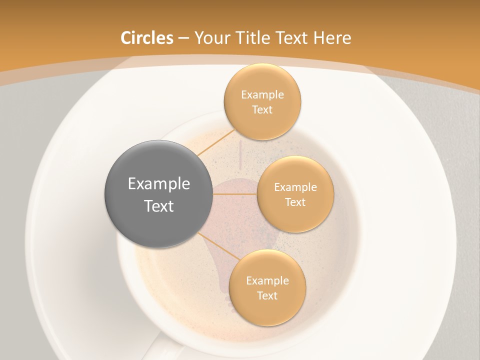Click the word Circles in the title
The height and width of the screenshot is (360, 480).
[147, 38]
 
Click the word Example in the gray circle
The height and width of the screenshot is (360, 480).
[159, 184]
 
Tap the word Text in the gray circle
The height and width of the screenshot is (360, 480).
[159, 206]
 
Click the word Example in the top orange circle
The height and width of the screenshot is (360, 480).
[262, 95]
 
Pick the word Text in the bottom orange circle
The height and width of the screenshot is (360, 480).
[267, 296]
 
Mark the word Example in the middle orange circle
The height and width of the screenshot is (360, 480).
[295, 187]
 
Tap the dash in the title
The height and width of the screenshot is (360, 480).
[183, 38]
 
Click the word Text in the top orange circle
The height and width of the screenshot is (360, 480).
[262, 110]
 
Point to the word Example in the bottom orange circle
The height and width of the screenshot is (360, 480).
[267, 281]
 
